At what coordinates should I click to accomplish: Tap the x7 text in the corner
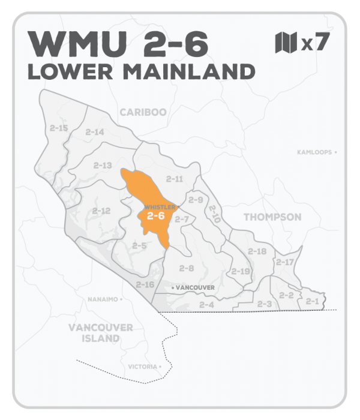pyautogui.click(x=314, y=44)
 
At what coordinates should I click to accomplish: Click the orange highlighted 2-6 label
pyautogui.click(x=155, y=215)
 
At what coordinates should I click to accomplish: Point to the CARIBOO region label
pyautogui.click(x=143, y=112)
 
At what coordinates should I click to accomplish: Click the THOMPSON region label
pyautogui.click(x=272, y=217)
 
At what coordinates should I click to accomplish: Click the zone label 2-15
pyautogui.click(x=59, y=128)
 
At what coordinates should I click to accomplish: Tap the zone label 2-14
pyautogui.click(x=95, y=132)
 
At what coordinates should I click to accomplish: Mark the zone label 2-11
pyautogui.click(x=175, y=179)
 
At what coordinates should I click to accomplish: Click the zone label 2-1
pyautogui.click(x=312, y=301)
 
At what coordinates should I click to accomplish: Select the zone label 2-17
pyautogui.click(x=284, y=262)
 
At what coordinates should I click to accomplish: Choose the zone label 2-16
pyautogui.click(x=145, y=284)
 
